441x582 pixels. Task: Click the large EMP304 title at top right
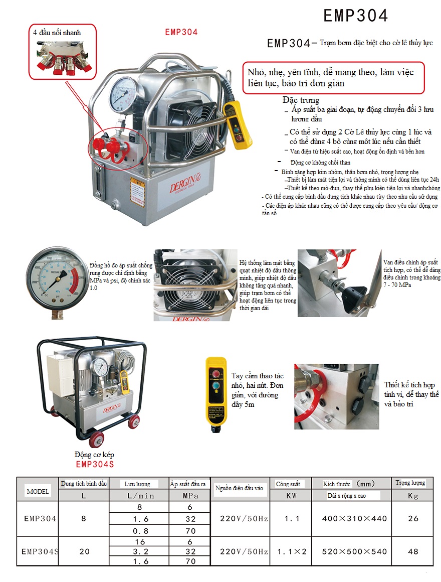click(x=355, y=16)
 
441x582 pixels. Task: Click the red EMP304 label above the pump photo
click(x=181, y=32)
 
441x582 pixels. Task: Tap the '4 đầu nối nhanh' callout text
click(x=57, y=33)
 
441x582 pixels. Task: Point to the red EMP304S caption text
click(x=95, y=464)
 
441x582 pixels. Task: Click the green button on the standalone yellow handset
click(x=216, y=385)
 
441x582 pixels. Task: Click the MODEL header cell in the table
click(x=38, y=491)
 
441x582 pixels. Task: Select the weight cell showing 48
click(x=413, y=551)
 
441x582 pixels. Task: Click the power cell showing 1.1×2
click(x=291, y=551)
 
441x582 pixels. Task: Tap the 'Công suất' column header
click(x=288, y=484)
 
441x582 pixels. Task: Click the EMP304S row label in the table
click(x=39, y=551)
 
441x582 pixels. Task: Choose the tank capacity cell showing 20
click(x=84, y=551)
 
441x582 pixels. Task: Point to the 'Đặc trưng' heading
click(x=301, y=100)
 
